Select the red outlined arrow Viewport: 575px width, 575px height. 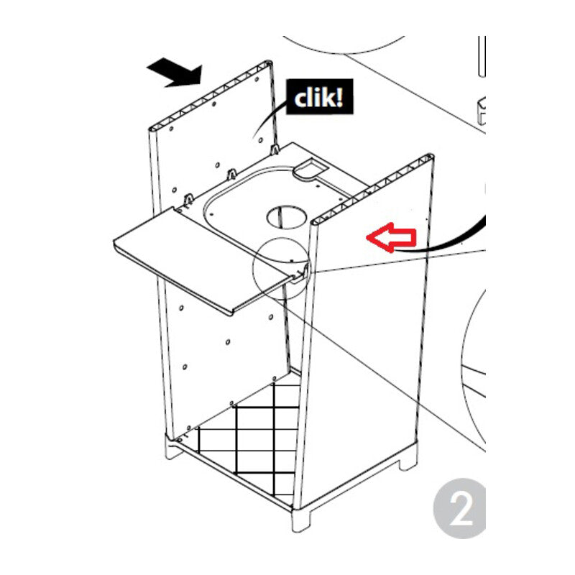(x=391, y=238)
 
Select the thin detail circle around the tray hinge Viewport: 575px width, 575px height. (x=280, y=267)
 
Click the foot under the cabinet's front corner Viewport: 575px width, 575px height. (x=300, y=519)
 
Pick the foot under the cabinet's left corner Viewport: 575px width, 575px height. (x=174, y=449)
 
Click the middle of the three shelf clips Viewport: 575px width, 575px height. (x=231, y=175)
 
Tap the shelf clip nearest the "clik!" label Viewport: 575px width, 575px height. (x=275, y=150)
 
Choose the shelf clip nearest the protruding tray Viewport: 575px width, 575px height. (x=188, y=198)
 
